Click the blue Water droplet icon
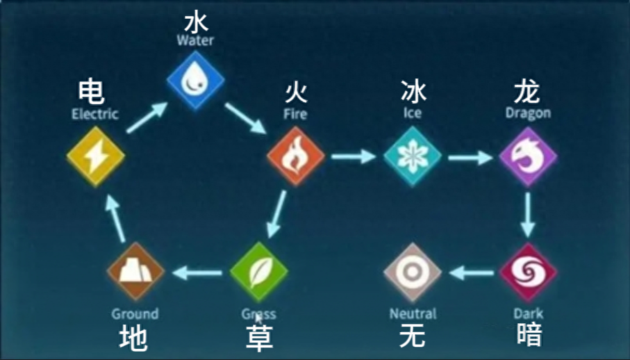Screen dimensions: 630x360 coord(196,80)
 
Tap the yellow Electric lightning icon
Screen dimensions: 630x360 coord(96,156)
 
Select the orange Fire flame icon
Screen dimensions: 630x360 coord(296,156)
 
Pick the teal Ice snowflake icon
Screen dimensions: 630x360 coord(413,156)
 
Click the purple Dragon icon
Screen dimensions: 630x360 coord(528,156)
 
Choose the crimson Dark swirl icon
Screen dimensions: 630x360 coord(528,272)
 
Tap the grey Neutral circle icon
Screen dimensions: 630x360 coord(413,272)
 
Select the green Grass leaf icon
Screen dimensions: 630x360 coord(259,272)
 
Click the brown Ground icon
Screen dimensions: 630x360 coord(136,272)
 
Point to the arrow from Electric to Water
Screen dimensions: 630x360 coord(147,117)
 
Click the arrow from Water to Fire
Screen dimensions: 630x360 coord(245,118)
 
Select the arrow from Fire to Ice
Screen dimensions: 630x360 coord(354,156)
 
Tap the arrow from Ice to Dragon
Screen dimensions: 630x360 coord(470,157)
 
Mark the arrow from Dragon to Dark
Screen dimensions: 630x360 coord(527,215)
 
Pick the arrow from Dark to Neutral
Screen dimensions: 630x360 coord(472,273)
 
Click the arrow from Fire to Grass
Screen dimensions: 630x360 coord(277,214)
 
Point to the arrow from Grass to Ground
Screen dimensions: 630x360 coord(197,273)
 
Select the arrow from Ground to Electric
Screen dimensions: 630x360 coord(116,220)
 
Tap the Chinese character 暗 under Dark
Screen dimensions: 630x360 coord(529,334)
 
